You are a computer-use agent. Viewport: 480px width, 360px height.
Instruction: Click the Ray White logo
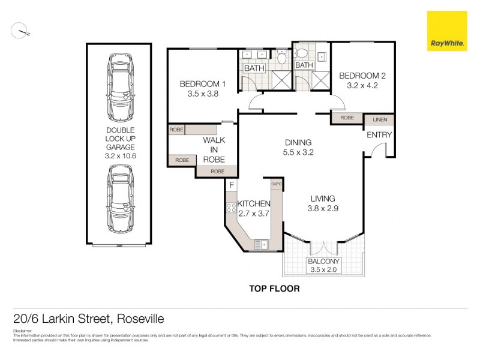click(x=446, y=31)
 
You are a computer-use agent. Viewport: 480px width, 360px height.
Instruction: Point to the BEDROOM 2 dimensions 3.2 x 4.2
click(x=362, y=86)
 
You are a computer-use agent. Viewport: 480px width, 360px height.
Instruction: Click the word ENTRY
click(x=379, y=135)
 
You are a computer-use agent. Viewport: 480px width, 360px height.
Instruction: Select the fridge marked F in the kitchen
click(x=231, y=185)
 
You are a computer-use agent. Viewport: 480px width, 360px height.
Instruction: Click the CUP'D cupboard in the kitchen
click(x=277, y=184)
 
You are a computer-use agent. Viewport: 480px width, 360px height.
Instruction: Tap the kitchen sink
click(x=261, y=244)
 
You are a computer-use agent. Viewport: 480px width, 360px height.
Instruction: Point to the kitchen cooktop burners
click(x=231, y=208)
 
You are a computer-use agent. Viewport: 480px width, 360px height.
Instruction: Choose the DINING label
click(x=298, y=143)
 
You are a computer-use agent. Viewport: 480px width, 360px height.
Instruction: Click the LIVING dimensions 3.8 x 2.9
click(x=322, y=209)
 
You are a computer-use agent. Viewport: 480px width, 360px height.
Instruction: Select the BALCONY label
click(x=323, y=262)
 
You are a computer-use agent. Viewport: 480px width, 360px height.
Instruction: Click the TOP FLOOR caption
click(x=274, y=289)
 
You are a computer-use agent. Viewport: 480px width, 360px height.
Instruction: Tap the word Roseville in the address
click(x=140, y=319)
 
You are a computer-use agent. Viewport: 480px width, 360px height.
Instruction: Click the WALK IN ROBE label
click(x=214, y=150)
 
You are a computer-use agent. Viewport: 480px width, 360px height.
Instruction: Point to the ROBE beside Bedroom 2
click(x=347, y=118)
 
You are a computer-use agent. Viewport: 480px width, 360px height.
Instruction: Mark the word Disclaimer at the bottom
click(x=22, y=330)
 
